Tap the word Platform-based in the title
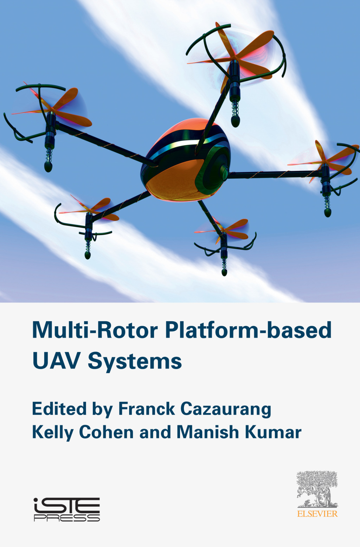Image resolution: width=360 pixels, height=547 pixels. coord(248,330)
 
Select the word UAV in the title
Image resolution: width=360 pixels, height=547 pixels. coord(56,361)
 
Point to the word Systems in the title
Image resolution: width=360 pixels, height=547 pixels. coord(135,361)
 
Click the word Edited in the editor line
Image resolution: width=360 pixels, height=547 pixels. coord(59,409)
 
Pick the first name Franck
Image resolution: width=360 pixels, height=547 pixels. coord(146,409)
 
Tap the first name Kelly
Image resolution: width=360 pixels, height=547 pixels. coord(52,432)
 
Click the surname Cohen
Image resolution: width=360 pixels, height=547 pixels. coord(106,432)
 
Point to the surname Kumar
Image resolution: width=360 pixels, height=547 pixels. coord(273,432)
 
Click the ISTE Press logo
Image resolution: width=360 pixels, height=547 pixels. coord(67,509)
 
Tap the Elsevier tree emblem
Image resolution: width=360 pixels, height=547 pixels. coord(317,489)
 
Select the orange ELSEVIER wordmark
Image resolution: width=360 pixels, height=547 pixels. coord(317,514)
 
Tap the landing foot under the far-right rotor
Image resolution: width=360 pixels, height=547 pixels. coord(328,213)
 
